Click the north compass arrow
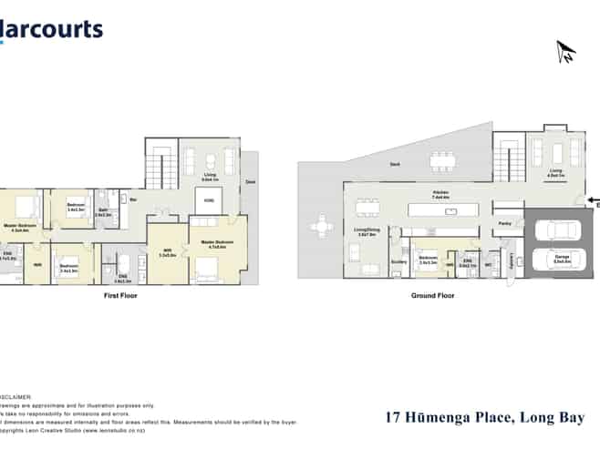565,52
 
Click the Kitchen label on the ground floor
441,193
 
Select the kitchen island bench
449,210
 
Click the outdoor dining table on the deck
441,162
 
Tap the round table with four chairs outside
321,224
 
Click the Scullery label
398,261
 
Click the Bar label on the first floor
133,199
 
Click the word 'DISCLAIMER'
18,397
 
